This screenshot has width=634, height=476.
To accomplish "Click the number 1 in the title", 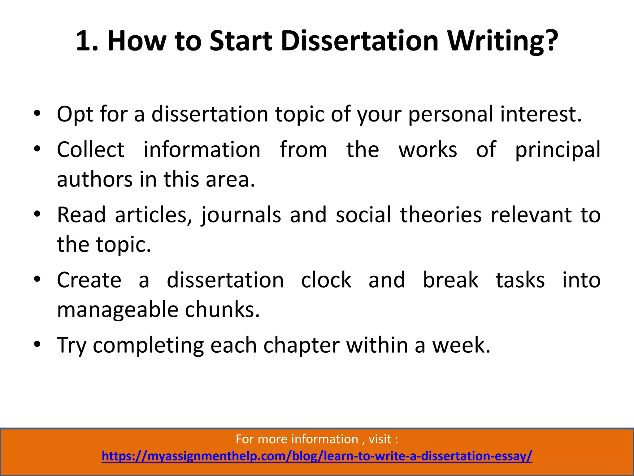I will (84, 41).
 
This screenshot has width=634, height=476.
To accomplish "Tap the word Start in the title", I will (241, 41).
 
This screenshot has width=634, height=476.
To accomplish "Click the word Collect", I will (90, 150).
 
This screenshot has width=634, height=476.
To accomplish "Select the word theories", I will (441, 215).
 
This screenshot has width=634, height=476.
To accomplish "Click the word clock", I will (326, 280).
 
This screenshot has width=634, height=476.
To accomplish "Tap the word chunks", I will (222, 310).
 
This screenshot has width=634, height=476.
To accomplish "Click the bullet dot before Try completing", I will (37, 344).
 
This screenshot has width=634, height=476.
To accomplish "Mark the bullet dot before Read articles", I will (37, 214).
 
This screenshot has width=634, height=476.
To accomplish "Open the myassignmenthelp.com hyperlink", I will (317, 456).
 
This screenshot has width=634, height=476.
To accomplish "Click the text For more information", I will (297, 439).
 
